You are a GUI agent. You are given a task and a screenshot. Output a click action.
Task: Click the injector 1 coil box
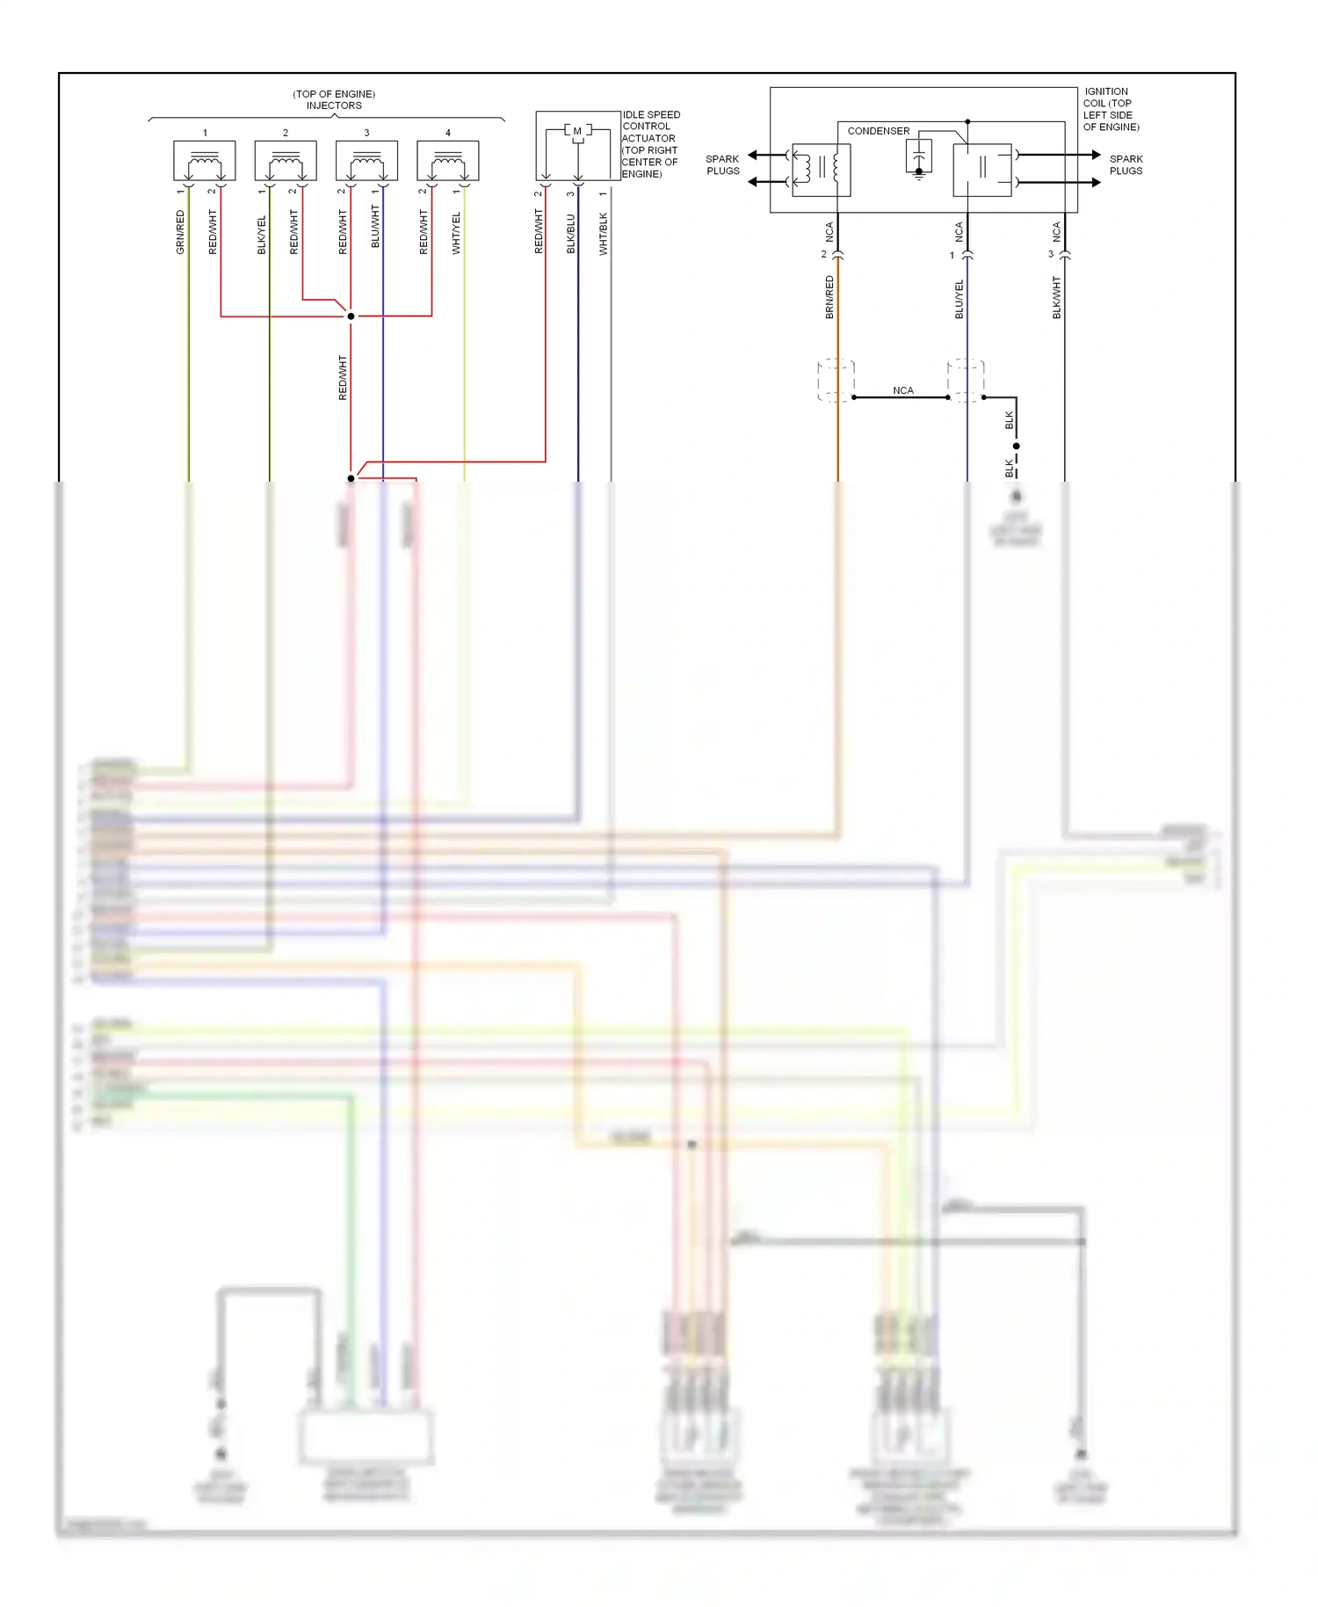[x=205, y=161]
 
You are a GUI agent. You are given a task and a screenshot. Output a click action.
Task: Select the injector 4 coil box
[x=448, y=161]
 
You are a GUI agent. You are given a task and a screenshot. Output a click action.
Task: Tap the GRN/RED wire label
[x=180, y=232]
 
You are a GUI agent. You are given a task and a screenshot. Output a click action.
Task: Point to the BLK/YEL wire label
[x=261, y=235]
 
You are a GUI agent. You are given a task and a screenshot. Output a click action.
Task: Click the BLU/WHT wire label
[x=375, y=227]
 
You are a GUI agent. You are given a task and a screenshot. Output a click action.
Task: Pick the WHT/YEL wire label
[x=456, y=233]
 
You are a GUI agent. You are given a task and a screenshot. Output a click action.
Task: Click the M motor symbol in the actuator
[x=577, y=131]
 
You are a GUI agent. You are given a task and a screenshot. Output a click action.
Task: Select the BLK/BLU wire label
[x=570, y=233]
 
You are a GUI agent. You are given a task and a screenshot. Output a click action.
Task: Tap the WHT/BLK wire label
[x=603, y=234]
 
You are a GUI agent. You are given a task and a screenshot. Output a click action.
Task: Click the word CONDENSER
[x=878, y=131]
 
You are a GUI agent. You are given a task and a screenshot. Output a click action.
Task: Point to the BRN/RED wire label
[x=829, y=296]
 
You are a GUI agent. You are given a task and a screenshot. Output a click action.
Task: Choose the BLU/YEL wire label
[x=959, y=299]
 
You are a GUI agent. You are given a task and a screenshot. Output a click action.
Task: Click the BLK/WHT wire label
[x=1056, y=297]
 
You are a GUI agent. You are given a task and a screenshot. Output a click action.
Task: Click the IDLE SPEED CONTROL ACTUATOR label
[x=650, y=144]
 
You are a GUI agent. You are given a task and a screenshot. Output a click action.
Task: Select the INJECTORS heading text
[x=334, y=105]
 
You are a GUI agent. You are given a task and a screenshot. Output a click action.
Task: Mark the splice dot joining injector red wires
[x=351, y=316]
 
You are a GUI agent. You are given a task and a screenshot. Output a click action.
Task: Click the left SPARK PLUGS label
[x=722, y=165]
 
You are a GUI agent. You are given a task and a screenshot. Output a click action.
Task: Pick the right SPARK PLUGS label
[x=1126, y=165]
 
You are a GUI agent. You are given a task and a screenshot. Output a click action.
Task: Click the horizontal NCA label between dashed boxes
[x=902, y=390]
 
